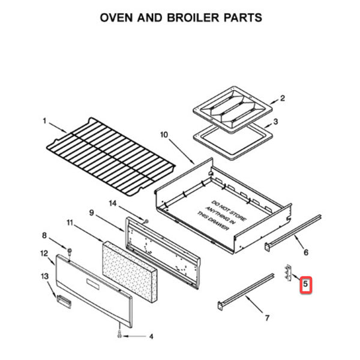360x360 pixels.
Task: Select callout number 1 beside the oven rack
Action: tap(44, 121)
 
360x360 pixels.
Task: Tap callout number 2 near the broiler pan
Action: tap(283, 98)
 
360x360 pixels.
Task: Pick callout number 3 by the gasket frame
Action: tap(275, 121)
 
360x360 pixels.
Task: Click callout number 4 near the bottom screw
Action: tap(151, 336)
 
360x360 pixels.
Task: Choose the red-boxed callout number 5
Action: tap(306, 283)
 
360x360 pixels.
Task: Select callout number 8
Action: tap(44, 235)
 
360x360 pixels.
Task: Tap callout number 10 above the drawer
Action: tap(164, 136)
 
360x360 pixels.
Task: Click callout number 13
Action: tap(44, 275)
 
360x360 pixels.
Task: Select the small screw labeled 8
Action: tap(70, 250)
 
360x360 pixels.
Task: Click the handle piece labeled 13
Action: tap(62, 298)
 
